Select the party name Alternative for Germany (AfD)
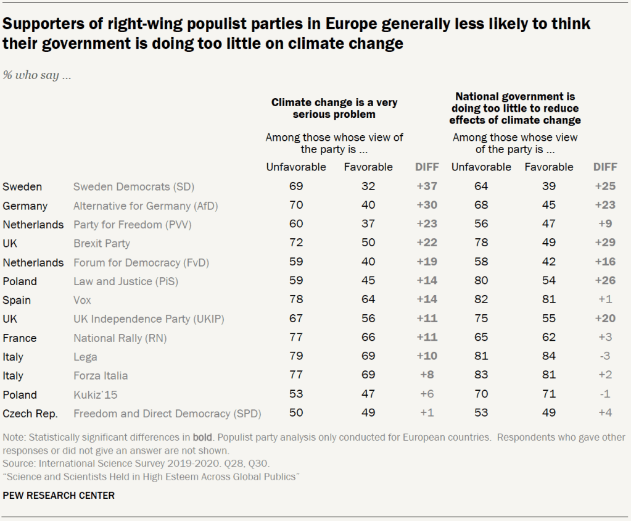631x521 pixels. pyautogui.click(x=146, y=206)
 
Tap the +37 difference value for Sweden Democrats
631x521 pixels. pyautogui.click(x=426, y=186)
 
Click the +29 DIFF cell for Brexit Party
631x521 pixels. pyautogui.click(x=604, y=243)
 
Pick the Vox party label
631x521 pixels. pyautogui.click(x=82, y=300)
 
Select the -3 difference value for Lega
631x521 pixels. pyautogui.click(x=604, y=357)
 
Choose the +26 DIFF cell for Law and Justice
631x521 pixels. pyautogui.click(x=604, y=281)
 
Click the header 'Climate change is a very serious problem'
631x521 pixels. pyautogui.click(x=334, y=108)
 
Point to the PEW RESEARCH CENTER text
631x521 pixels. pyautogui.click(x=59, y=495)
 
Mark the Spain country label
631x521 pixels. pyautogui.click(x=17, y=300)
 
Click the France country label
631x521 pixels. pyautogui.click(x=19, y=338)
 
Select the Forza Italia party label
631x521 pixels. pyautogui.click(x=101, y=375)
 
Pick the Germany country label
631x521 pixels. pyautogui.click(x=25, y=206)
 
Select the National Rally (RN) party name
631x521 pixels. pyautogui.click(x=120, y=338)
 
